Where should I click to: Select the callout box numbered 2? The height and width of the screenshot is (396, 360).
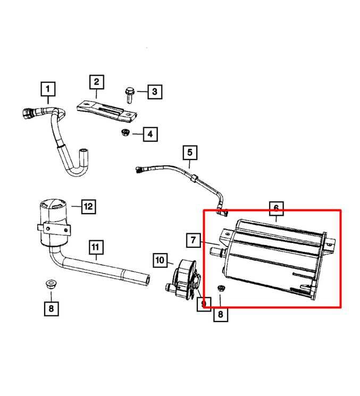(96, 82)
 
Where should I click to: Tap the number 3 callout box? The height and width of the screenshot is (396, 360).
(154, 92)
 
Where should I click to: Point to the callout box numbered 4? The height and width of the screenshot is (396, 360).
(150, 134)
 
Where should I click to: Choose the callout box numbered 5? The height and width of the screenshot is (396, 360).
(190, 154)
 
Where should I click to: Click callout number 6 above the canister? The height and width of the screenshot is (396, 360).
(276, 208)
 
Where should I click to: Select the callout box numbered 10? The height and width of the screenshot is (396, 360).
(161, 260)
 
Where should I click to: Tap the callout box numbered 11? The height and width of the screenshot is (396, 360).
(95, 247)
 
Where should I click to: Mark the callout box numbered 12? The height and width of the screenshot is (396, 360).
(88, 206)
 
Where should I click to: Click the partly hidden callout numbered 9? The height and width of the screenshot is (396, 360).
(203, 303)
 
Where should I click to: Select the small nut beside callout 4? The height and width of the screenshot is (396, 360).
(127, 132)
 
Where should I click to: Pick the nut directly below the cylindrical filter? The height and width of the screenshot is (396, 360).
(52, 283)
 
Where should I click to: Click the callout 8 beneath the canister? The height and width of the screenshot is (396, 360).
(220, 315)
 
